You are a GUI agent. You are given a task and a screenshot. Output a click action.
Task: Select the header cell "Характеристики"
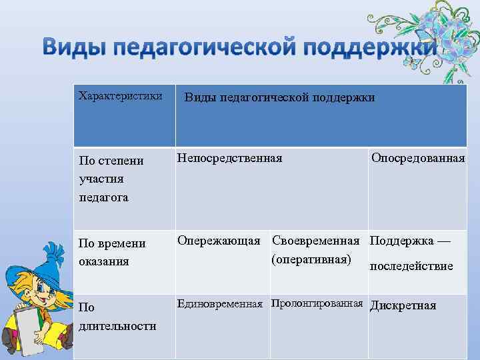coord(120,96)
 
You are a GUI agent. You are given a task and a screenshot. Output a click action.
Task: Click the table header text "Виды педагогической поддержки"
coord(279,98)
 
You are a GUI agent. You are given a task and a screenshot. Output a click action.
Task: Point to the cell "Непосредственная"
coord(229,158)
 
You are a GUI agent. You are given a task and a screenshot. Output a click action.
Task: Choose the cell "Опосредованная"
coord(418,158)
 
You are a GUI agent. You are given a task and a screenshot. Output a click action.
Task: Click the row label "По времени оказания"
coord(112,252)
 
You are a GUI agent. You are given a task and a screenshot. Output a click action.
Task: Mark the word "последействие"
coord(411,266)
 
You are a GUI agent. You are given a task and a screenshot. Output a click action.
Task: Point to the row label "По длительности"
coord(117,317)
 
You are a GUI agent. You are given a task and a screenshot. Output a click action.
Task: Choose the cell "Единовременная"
coord(219,305)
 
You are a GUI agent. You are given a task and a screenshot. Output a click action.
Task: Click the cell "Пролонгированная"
coord(317,305)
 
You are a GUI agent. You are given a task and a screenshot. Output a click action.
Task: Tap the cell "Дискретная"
coord(403,305)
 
